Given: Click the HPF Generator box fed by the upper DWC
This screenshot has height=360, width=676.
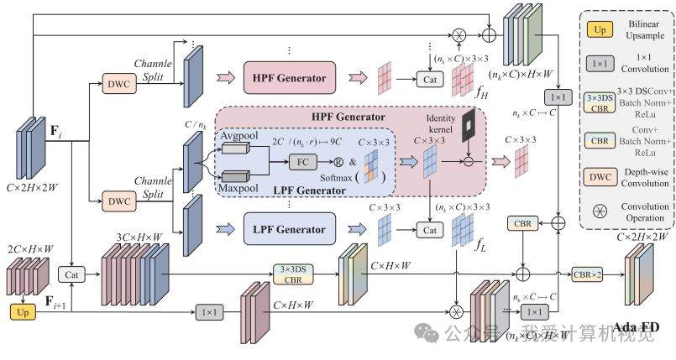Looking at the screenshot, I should [290, 77].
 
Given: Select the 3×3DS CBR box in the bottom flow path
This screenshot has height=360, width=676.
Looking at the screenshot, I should [291, 274].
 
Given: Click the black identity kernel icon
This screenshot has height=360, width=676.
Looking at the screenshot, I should [468, 126].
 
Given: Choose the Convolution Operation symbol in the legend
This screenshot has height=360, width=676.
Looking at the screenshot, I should [602, 210].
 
